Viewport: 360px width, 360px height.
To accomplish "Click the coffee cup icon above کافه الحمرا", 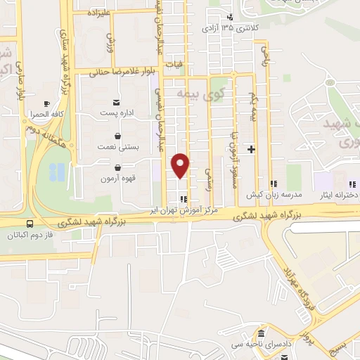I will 47,103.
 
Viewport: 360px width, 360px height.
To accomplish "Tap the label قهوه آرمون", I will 112,179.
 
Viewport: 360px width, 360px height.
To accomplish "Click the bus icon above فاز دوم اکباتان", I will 28,224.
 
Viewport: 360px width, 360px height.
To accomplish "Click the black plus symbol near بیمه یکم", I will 250,150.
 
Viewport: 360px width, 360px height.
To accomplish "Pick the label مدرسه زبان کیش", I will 264,194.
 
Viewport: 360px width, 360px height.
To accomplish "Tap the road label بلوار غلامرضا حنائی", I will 127,72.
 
